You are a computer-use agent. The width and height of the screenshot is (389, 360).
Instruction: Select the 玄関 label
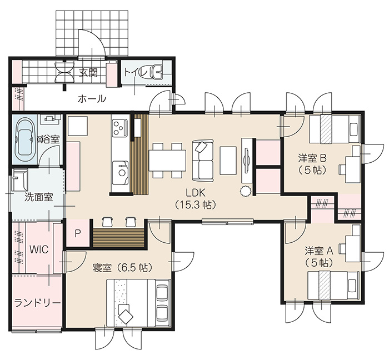pos(88,73)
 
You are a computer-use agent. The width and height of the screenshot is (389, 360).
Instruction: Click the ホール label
pos(92,99)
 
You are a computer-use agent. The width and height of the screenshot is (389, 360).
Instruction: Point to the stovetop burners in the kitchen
pos(120,128)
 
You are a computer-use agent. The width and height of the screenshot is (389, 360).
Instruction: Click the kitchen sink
pos(120,173)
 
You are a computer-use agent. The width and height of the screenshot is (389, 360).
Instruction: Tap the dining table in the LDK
pos(167,161)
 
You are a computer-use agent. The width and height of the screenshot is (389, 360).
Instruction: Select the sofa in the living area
pos(203,161)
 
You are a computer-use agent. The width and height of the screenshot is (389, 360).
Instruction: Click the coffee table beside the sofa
pos(228,161)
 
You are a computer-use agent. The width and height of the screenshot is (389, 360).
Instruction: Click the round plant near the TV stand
pos(246,192)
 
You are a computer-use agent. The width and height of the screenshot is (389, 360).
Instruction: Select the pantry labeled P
pos(78,233)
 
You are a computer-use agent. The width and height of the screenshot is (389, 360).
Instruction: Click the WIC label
pos(39,249)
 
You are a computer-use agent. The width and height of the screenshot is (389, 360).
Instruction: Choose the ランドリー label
pos(37,303)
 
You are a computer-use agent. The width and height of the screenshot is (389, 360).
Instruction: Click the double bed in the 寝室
pos(138,303)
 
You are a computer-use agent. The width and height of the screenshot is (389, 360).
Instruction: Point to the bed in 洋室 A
pos(333,285)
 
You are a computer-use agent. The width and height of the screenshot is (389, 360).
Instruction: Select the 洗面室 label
pos(39,197)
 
